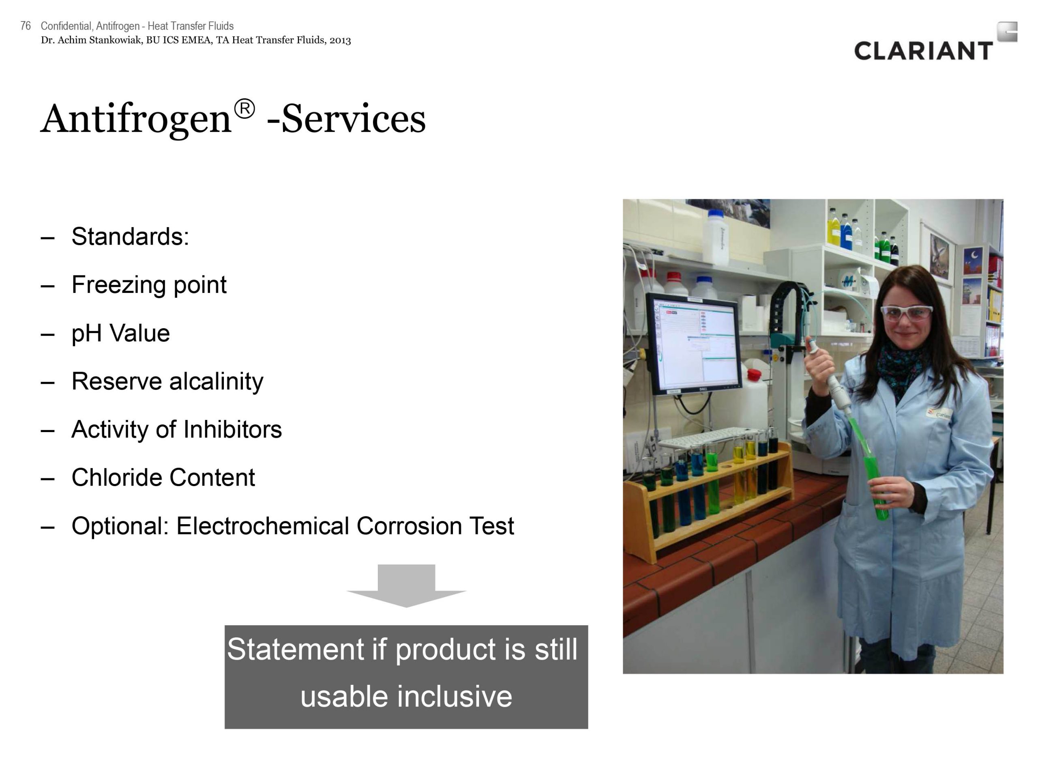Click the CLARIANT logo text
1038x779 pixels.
pos(923,51)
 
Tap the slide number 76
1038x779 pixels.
pos(26,26)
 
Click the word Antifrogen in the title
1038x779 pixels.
pos(136,119)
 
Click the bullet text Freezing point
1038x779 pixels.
pos(149,284)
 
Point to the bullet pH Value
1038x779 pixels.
pos(120,334)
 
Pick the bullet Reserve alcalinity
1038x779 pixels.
pos(167,381)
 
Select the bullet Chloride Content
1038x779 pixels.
pos(163,478)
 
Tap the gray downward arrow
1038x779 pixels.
pos(406,585)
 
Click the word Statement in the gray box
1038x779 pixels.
pos(296,650)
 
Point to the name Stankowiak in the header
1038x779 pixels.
pos(116,41)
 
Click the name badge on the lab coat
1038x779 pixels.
pos(939,413)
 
